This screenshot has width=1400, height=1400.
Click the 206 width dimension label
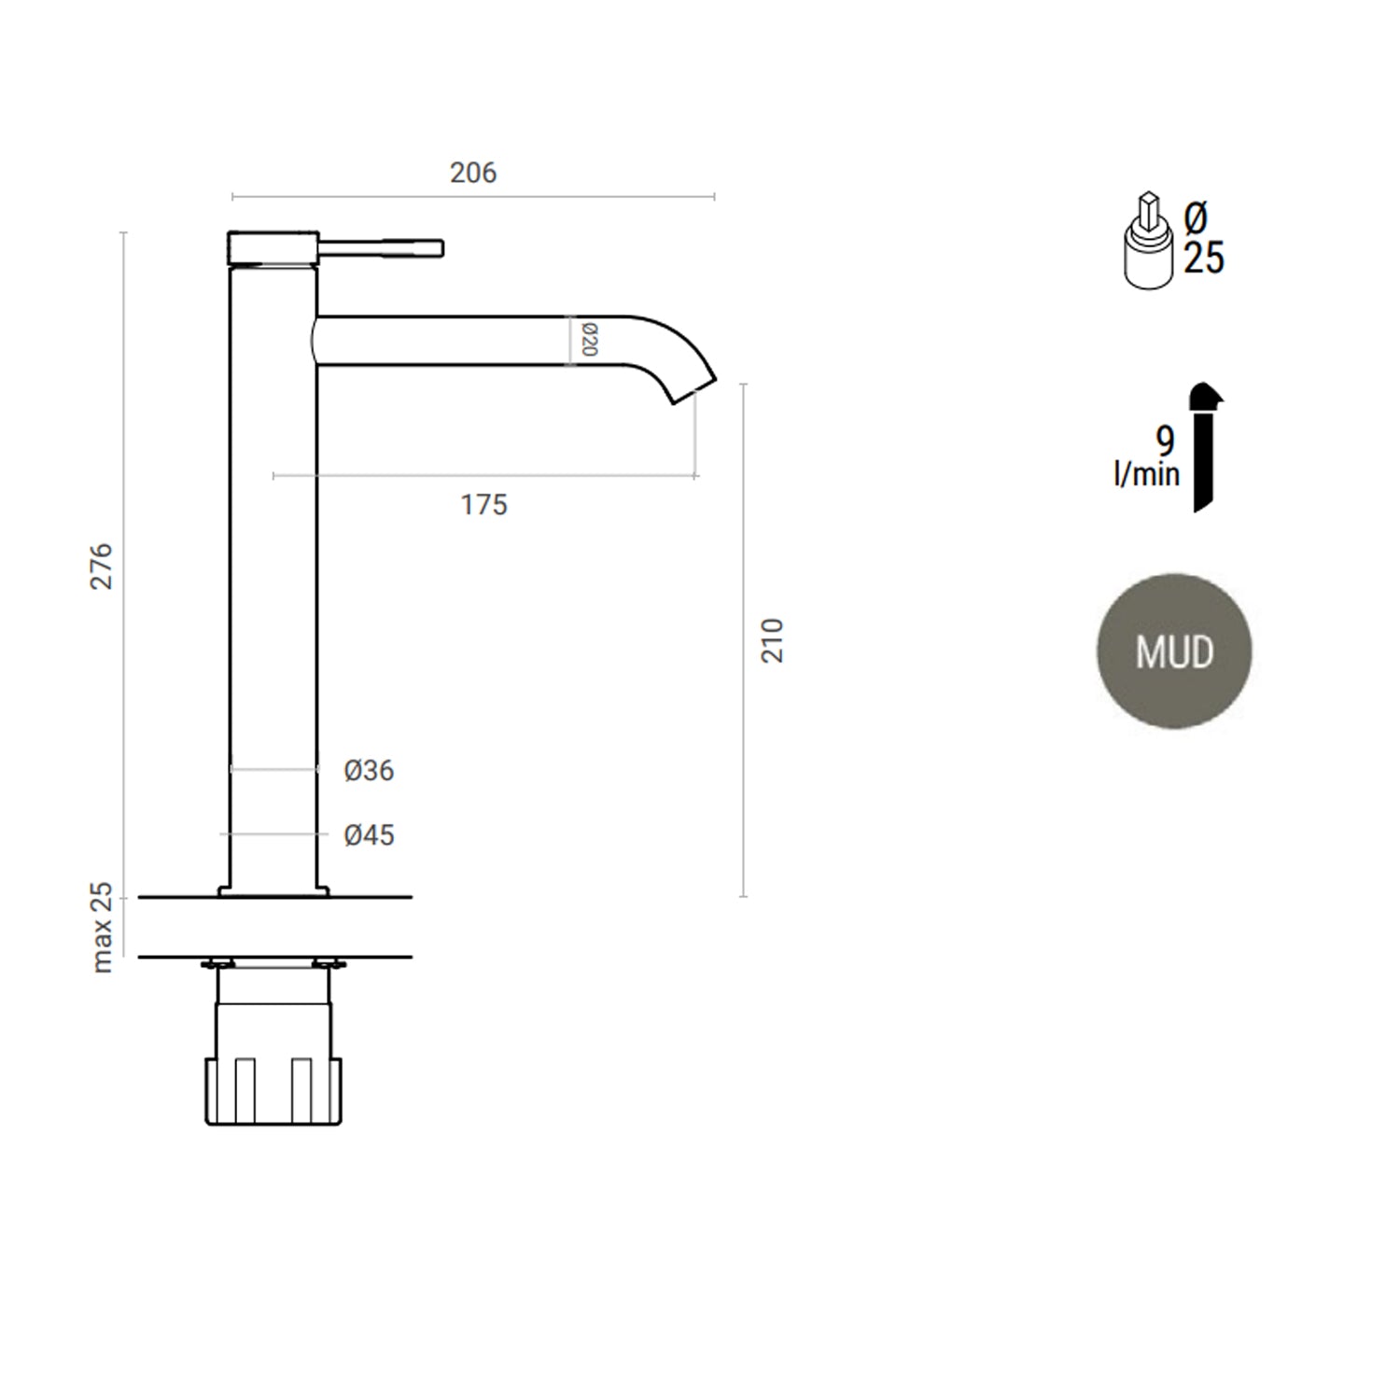473,173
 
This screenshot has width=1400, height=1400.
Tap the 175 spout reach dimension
483,505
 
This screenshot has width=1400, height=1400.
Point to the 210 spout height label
773,640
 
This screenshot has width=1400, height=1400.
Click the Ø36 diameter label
369,771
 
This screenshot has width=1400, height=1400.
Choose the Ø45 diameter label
369,835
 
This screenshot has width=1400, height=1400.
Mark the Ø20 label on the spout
589,340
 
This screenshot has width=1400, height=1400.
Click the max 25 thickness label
102,928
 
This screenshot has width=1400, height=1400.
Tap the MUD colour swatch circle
1173,651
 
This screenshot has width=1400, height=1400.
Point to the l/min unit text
1146,474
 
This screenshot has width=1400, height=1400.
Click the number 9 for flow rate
1165,441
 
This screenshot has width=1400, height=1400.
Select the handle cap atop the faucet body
273,248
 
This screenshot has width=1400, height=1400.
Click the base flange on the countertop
273,891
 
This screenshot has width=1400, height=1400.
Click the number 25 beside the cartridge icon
1204,259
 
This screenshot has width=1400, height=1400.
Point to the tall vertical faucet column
273,579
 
